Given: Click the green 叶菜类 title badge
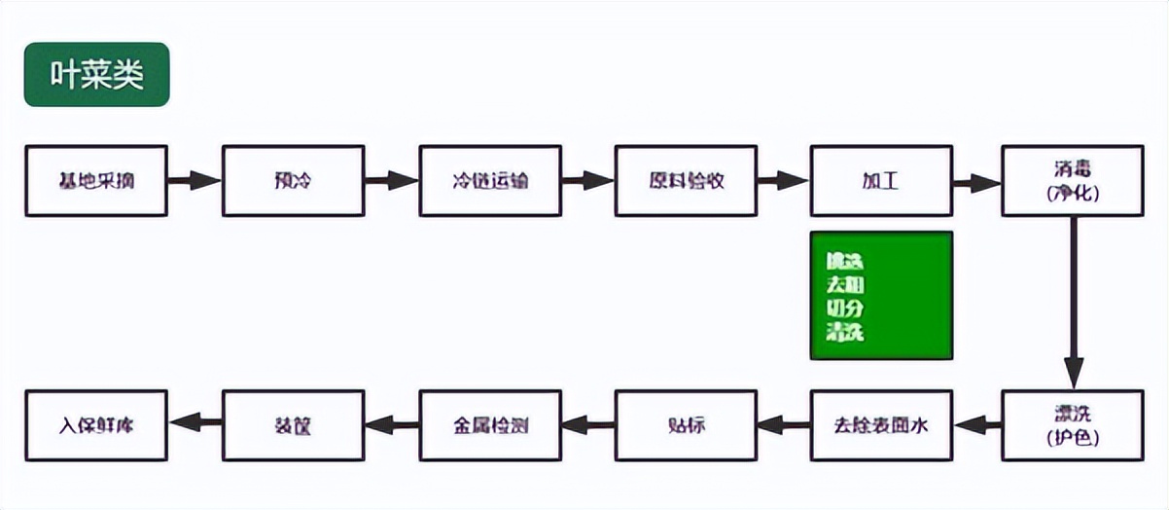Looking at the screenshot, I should coord(96,75).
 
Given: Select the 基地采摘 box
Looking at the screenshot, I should coord(96,181).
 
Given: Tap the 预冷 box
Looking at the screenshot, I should coord(293,181).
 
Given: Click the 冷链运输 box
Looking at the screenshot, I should coord(490,181).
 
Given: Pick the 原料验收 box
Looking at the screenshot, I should coord(686,181).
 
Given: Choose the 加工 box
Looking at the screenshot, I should coord(881,181).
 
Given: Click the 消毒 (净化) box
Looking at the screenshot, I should coord(1073,181).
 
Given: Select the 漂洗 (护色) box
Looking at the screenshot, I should coord(1073,425).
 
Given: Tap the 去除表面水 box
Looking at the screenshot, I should coord(881,425).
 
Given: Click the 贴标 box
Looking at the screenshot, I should coord(686,425).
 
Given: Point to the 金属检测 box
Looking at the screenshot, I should coord(490,425).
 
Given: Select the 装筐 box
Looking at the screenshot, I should coord(293,425).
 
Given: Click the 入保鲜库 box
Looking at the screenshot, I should coord(96,425).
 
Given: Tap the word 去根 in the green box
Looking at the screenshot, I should coord(844,285).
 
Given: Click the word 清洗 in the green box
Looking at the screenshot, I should coord(844,333).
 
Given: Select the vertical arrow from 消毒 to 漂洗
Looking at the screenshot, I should coord(1073,302).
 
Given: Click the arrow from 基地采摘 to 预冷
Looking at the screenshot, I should coord(195,181).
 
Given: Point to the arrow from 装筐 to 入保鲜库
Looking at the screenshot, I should coord(195,422).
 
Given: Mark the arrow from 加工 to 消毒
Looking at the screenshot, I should coord(976,183).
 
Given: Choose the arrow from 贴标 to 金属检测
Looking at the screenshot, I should coord(588,424).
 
